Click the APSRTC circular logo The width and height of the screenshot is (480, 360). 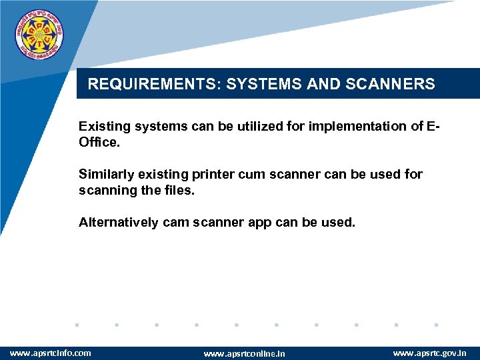[41, 35]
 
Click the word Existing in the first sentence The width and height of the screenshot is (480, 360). [103, 126]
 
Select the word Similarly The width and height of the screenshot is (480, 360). [106, 174]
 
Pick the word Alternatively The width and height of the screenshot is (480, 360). [118, 222]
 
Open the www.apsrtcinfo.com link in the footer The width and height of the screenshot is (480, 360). [51, 352]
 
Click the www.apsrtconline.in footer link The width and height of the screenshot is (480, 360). [244, 353]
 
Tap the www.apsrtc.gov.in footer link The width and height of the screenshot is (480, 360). [429, 352]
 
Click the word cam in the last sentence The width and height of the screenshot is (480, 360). [175, 222]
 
